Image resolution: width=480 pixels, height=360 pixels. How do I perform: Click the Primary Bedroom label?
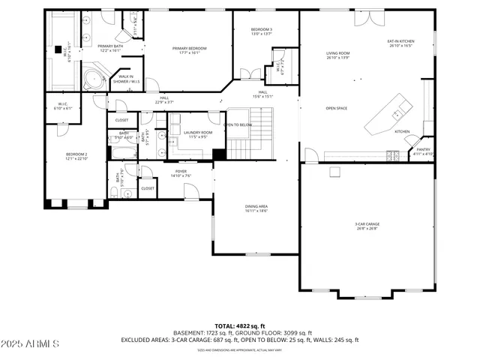pos(190,50)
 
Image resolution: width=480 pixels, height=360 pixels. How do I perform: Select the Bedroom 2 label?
pos(76,155)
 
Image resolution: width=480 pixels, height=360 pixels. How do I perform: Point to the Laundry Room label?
pos(198,133)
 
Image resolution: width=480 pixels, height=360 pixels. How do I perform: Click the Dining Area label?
pos(256,208)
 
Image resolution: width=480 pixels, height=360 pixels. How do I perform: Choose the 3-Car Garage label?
pos(367,225)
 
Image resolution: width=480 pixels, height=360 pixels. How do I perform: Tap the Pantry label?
pos(423,151)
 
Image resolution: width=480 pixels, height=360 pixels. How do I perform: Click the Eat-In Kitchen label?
pos(400,43)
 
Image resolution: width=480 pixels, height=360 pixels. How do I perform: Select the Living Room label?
pos(337,55)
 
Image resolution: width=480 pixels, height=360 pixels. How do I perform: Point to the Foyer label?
pos(181,173)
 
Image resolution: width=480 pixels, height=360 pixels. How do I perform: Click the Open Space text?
pos(336,109)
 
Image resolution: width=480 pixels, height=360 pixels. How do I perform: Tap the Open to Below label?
pos(238,124)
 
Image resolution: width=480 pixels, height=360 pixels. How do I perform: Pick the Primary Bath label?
pos(109,48)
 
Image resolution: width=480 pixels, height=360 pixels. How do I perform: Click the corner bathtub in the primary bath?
pos(94,77)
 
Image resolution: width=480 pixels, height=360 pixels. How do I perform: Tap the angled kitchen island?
pos(391,114)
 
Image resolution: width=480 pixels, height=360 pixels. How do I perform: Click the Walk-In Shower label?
pos(126,78)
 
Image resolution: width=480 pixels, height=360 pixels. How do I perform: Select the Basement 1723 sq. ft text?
pos(205,333)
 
